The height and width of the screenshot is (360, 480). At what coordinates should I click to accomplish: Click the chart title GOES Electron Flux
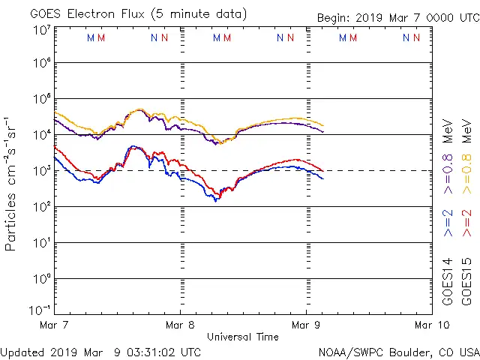coord(90,14)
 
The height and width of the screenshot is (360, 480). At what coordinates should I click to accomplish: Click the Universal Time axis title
coord(243,337)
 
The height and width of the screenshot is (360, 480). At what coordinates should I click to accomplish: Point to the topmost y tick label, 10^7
coord(41,31)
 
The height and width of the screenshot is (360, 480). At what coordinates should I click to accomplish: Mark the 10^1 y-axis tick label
coord(41,242)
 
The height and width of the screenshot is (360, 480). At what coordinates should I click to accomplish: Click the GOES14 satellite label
coord(448,281)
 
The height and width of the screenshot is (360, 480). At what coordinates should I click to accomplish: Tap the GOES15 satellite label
coord(466,281)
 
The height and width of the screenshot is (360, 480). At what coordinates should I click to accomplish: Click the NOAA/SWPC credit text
coord(398,352)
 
